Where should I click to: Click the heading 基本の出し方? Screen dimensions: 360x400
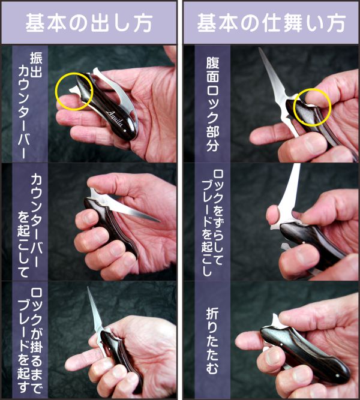89,23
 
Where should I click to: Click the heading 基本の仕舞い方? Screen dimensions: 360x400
271,23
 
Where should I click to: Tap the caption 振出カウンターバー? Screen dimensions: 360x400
30,105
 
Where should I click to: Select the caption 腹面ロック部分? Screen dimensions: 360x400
212,104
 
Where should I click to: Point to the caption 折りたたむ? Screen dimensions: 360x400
212,341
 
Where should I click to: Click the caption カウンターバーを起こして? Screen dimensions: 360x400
30,225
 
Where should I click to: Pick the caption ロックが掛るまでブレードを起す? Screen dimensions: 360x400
30,341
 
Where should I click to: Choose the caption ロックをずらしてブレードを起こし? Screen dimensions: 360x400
212,222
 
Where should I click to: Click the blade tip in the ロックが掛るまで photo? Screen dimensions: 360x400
88,287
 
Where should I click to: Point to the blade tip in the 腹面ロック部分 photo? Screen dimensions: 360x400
259,49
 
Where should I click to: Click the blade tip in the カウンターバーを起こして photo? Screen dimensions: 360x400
160,221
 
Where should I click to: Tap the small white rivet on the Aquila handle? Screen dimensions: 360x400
125,130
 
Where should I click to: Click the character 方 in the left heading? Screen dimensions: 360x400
142,23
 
